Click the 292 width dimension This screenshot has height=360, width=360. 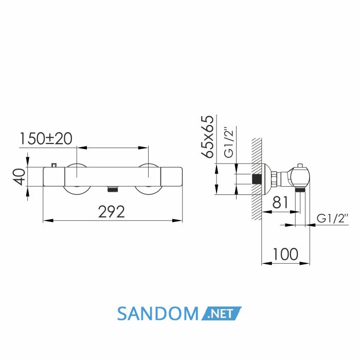tap(112, 212)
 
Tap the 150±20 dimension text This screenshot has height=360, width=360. tap(46, 139)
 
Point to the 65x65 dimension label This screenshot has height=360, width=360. tap(207, 137)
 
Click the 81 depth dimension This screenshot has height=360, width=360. tap(280, 202)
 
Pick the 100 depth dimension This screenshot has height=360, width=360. tap(285, 255)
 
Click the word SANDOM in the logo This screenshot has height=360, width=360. tap(158, 314)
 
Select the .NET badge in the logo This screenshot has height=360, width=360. tap(221, 313)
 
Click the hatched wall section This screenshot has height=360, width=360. tap(257, 179)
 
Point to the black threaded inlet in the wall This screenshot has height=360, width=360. tap(256, 179)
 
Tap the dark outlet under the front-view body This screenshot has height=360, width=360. tap(113, 189)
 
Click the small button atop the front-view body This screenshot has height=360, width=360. tap(54, 165)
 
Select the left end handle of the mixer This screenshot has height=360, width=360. tap(54, 176)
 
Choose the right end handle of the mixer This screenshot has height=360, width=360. tap(171, 176)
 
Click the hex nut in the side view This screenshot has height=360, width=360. tap(275, 179)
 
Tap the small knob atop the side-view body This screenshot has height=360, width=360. tap(300, 166)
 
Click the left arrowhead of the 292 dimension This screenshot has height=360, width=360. tap(48, 221)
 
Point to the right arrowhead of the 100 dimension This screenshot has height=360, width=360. tap(304, 263)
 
